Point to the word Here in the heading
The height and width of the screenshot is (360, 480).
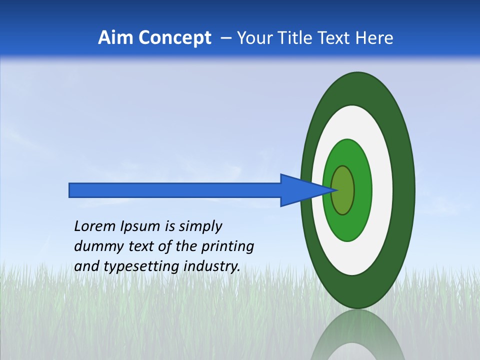pyautogui.click(x=375, y=38)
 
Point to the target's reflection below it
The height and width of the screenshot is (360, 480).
pyautogui.click(x=357, y=337)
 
